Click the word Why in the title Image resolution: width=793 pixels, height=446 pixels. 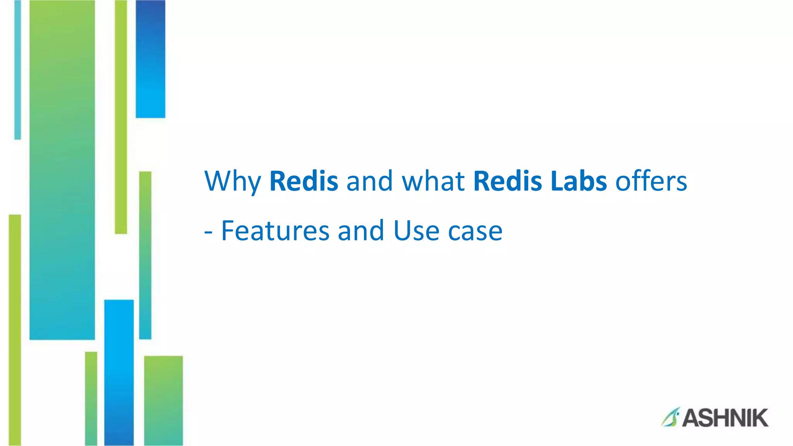232,181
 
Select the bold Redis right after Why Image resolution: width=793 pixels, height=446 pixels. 304,181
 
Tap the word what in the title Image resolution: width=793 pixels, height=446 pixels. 433,181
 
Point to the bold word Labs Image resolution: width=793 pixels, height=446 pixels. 578,181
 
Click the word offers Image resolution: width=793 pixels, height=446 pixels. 651,181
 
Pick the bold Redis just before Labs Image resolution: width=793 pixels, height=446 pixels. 507,181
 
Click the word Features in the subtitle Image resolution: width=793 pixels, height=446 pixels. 275,231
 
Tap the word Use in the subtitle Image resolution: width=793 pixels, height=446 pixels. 416,231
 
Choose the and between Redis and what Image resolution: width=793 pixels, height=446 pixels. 369,181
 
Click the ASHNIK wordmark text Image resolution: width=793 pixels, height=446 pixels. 725,418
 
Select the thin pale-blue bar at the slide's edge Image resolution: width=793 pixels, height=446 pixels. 17,70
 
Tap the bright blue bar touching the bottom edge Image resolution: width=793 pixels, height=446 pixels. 119,372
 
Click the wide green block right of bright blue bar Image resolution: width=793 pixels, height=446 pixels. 163,400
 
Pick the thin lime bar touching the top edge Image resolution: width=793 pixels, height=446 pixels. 121,116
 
